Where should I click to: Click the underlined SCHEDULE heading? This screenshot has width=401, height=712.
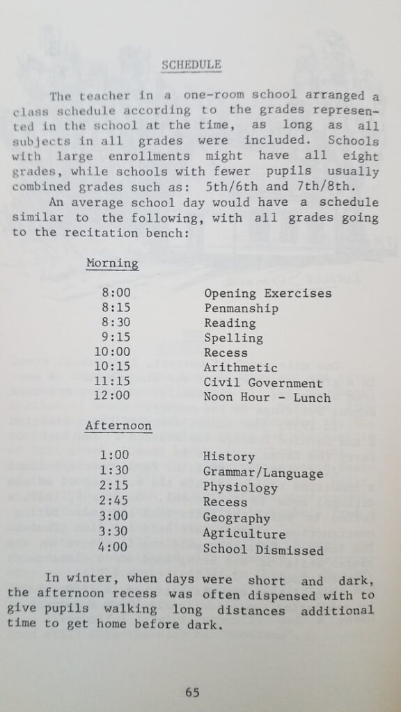[191, 65]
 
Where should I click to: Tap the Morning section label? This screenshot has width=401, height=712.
[112, 264]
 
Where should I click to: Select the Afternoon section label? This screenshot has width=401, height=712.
[118, 426]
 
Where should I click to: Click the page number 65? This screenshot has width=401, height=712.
[193, 692]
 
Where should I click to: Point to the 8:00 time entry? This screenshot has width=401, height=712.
[116, 293]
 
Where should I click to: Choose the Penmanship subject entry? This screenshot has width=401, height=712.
[241, 308]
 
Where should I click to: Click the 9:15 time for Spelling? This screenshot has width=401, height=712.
[116, 338]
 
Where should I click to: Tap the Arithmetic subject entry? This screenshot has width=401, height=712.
[240, 368]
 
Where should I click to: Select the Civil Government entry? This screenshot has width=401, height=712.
[263, 383]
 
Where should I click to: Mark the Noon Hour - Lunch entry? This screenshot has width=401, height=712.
[267, 398]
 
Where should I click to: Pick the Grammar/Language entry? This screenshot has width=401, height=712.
[263, 474]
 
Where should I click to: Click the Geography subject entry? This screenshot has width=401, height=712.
[236, 518]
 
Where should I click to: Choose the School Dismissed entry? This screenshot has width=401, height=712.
[263, 550]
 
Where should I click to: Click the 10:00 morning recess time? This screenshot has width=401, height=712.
[113, 353]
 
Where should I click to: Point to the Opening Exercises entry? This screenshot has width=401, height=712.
[267, 293]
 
